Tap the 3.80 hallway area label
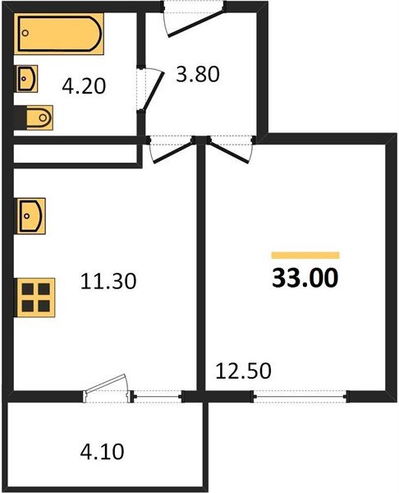tap(198, 76)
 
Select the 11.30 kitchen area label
tap(108, 282)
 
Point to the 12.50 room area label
tap(242, 370)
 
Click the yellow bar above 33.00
tap(305, 256)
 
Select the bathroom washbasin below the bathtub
tap(26, 79)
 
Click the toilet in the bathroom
tap(34, 118)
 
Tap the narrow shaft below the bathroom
tap(74, 154)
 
